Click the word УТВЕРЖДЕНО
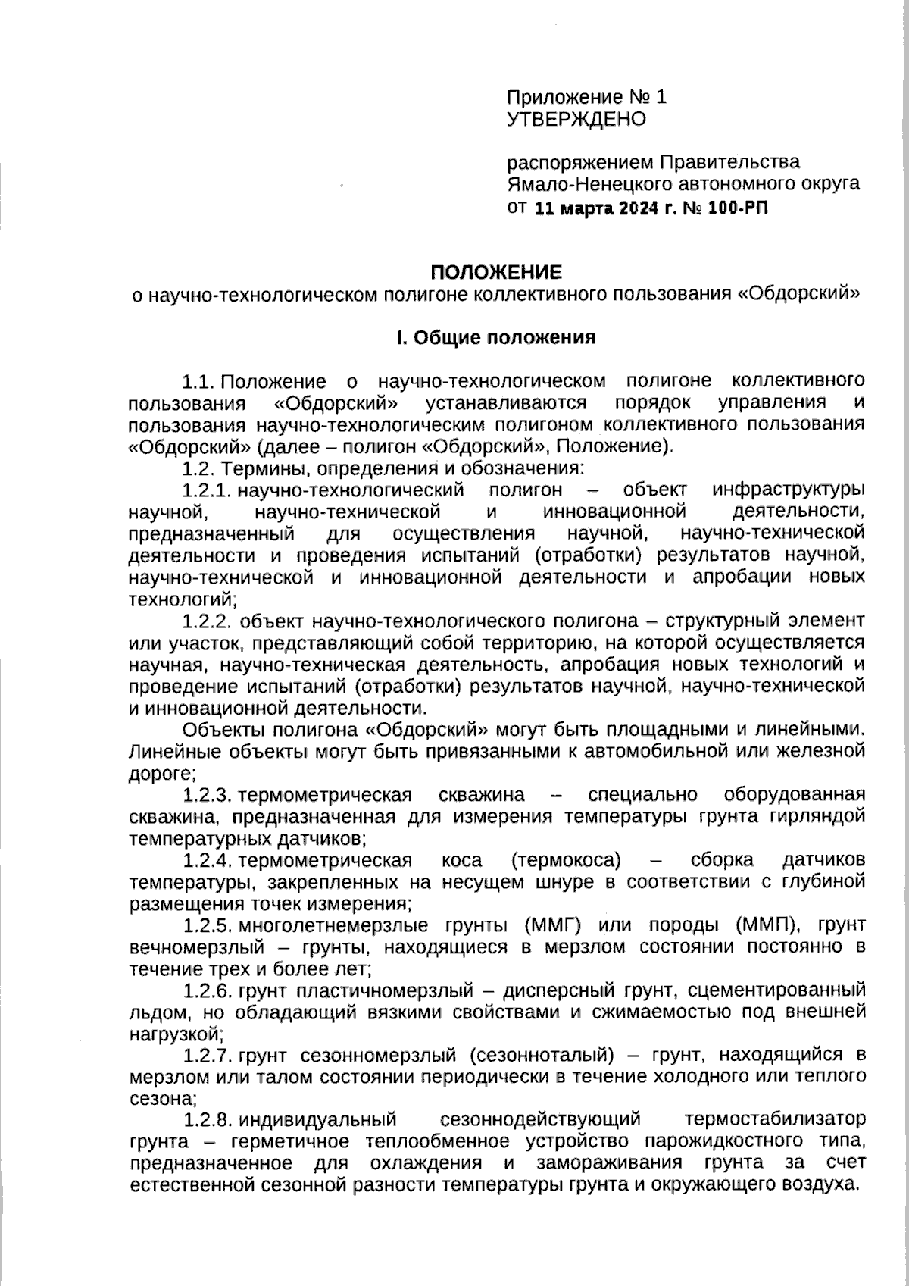point(576,119)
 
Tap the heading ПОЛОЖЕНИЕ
point(496,271)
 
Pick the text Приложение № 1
point(586,97)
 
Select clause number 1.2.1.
point(208,490)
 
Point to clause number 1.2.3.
point(208,795)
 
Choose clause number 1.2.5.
point(208,925)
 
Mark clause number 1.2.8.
point(208,1119)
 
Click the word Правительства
point(730,162)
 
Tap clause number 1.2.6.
point(208,990)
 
